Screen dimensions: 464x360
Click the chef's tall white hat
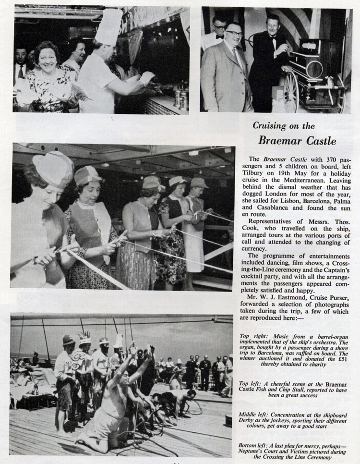coord(109,26)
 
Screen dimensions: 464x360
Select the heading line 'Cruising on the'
coord(284,126)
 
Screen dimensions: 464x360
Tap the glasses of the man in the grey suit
coord(234,34)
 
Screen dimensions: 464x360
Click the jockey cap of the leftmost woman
coord(53,168)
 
